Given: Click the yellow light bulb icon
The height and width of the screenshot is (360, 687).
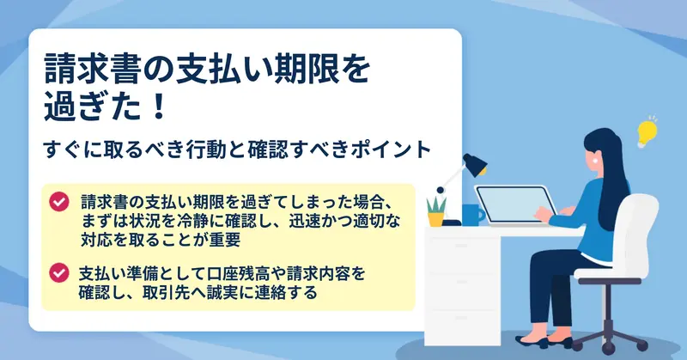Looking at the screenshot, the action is tap(647, 131).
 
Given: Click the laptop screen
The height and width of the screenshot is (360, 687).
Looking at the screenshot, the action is tap(516, 204).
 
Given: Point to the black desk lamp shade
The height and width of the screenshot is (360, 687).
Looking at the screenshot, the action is tap(475, 164).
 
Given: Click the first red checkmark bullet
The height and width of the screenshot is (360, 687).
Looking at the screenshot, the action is tap(59, 202).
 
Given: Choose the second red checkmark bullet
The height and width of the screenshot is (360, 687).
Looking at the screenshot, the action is tap(59, 272).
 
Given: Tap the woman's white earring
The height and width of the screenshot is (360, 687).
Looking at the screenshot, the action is tap(595, 160).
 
